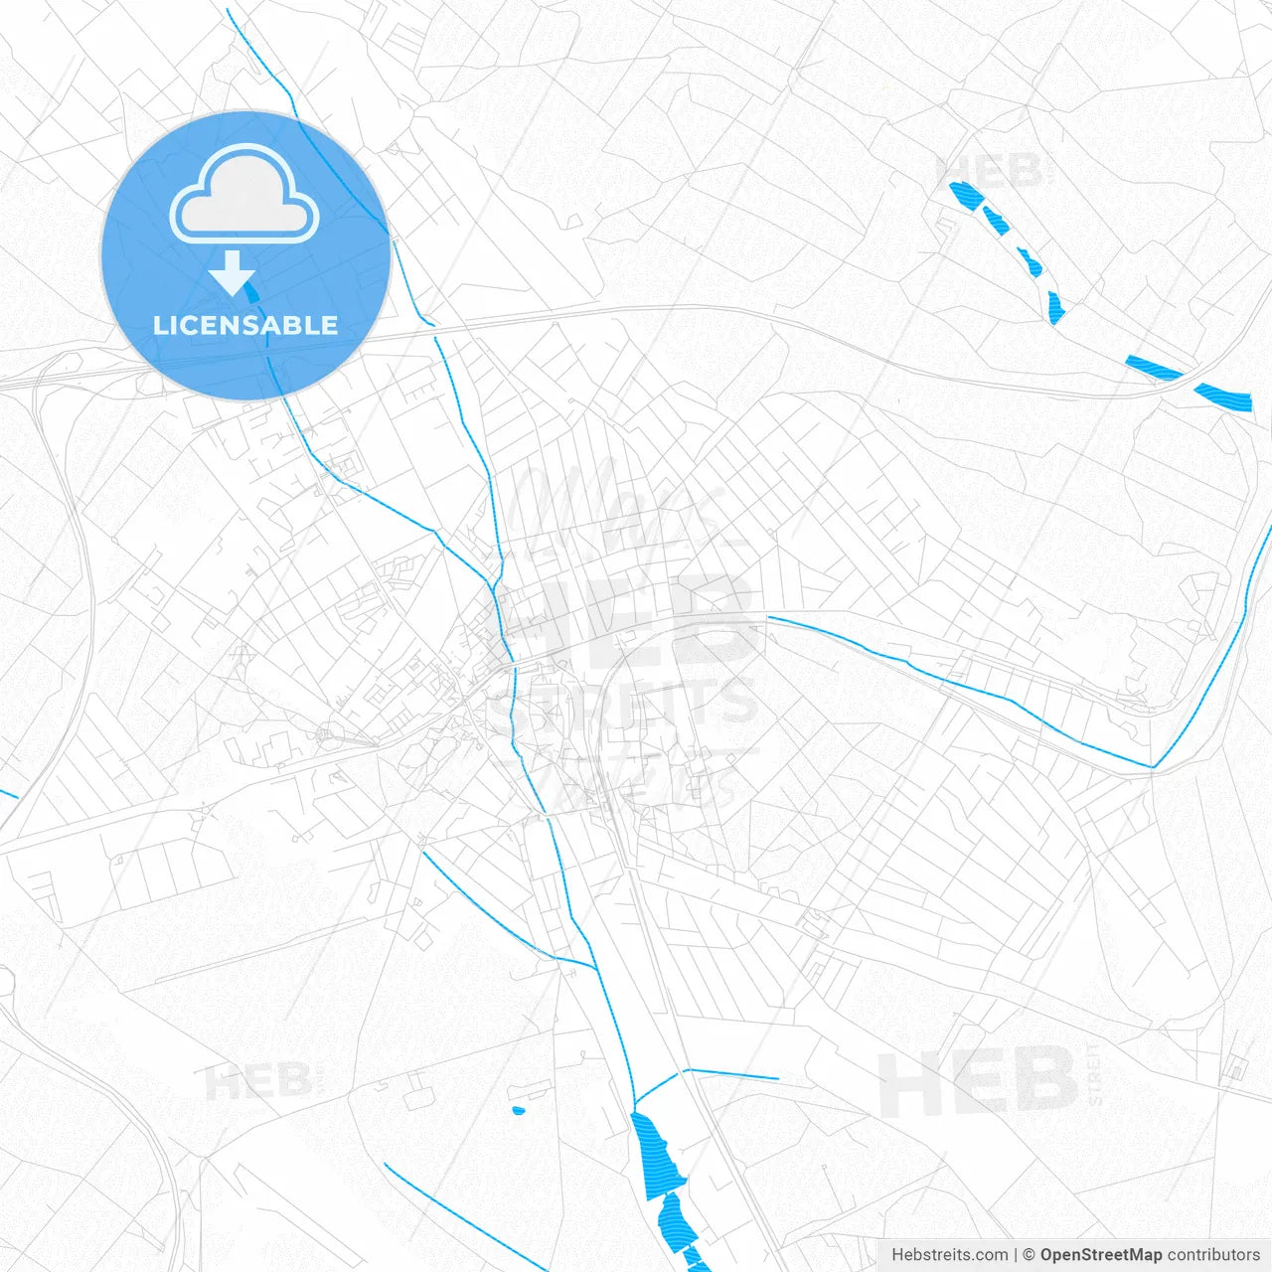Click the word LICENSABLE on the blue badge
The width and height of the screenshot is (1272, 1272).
[x=245, y=325]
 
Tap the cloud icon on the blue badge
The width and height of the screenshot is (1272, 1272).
[x=244, y=194]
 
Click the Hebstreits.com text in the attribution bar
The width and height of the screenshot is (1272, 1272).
[x=949, y=1255]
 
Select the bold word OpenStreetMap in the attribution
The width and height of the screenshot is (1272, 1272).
[x=1100, y=1255]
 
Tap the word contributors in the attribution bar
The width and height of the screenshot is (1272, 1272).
[x=1213, y=1255]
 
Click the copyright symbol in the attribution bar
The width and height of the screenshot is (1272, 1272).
[x=1030, y=1255]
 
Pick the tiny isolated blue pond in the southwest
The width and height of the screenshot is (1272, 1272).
[x=517, y=1109]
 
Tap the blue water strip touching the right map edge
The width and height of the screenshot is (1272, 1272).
[x=1224, y=397]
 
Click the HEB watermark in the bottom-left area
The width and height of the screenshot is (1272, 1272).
[x=257, y=1080]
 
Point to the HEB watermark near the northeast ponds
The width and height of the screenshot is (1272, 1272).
[x=990, y=172]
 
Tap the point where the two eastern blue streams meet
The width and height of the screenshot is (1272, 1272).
[x=1153, y=767]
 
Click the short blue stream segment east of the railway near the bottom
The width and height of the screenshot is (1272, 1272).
[x=733, y=1074]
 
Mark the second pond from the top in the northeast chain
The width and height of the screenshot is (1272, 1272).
[x=996, y=220]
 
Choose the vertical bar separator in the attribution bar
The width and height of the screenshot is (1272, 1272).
[x=1016, y=1255]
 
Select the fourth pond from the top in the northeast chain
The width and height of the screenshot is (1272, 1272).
[x=1055, y=307]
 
